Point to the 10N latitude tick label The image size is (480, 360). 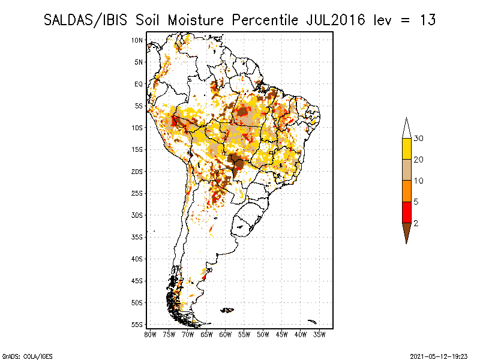pyautogui.click(x=137, y=40)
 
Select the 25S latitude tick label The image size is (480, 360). pyautogui.click(x=137, y=193)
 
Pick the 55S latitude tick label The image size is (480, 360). pyautogui.click(x=137, y=325)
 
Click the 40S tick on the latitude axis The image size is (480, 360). pyautogui.click(x=137, y=259)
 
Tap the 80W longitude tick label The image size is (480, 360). pyautogui.click(x=150, y=334)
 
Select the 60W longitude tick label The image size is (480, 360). pyautogui.click(x=226, y=334)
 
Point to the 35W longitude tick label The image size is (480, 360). pyautogui.click(x=320, y=334)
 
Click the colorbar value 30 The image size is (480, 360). pyautogui.click(x=419, y=139)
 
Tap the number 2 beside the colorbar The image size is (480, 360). pyautogui.click(x=416, y=223)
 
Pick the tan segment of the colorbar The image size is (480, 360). pyautogui.click(x=406, y=170)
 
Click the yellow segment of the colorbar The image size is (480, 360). pyautogui.click(x=406, y=149)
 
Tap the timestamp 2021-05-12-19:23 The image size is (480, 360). pyautogui.click(x=440, y=356)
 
